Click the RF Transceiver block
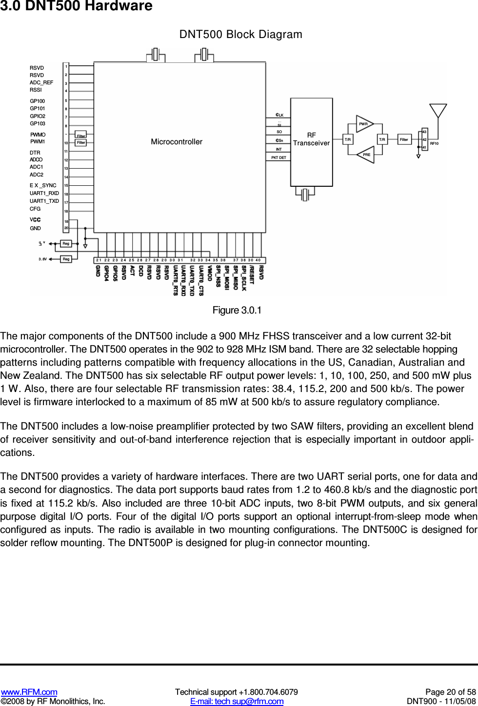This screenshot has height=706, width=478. point(311,141)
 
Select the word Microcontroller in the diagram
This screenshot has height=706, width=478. point(177,142)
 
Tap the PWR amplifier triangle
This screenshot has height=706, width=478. point(364,124)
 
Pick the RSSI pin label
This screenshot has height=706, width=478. point(36,90)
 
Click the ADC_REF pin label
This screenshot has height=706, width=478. point(41,82)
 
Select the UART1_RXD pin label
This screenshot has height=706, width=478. point(44,193)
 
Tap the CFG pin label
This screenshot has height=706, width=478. point(35,209)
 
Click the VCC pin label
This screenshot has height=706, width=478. point(35,220)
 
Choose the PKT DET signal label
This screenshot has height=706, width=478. point(279,157)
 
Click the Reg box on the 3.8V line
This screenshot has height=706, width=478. point(66,259)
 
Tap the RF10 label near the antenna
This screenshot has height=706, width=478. point(434,143)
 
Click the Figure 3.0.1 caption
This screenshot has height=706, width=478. point(237,311)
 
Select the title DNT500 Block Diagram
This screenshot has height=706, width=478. point(240,35)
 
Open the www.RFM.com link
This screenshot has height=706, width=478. point(29,692)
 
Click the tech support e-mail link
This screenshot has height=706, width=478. point(237,701)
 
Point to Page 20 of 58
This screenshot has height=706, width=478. point(450,692)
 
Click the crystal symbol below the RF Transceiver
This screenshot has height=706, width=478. point(305,195)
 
